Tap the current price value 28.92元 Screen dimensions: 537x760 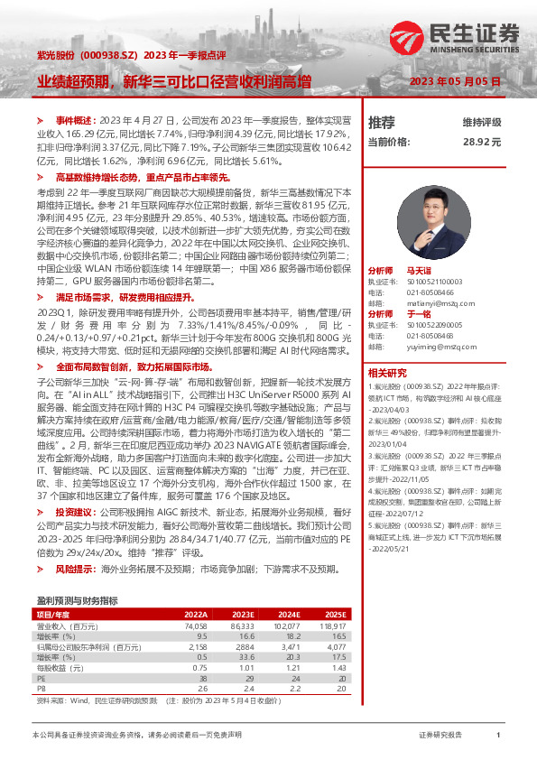481,142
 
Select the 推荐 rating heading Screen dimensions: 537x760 382,122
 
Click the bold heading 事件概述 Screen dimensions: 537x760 74,119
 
